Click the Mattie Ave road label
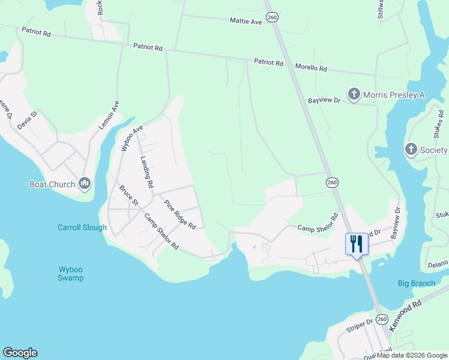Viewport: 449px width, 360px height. (246, 21)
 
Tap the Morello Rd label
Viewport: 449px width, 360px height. (310, 68)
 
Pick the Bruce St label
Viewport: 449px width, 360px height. (128, 196)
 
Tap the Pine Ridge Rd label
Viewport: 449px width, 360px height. (180, 215)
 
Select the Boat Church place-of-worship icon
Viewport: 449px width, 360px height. (84, 184)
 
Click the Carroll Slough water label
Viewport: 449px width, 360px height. (82, 228)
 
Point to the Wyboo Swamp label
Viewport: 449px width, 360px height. (71, 274)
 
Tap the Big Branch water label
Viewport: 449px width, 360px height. (417, 283)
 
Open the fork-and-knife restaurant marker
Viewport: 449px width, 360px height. (357, 244)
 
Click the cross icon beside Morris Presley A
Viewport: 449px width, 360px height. (354, 94)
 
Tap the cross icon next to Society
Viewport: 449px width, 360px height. (411, 149)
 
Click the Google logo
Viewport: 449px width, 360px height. (20, 353)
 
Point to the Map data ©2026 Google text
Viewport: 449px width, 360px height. (412, 355)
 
